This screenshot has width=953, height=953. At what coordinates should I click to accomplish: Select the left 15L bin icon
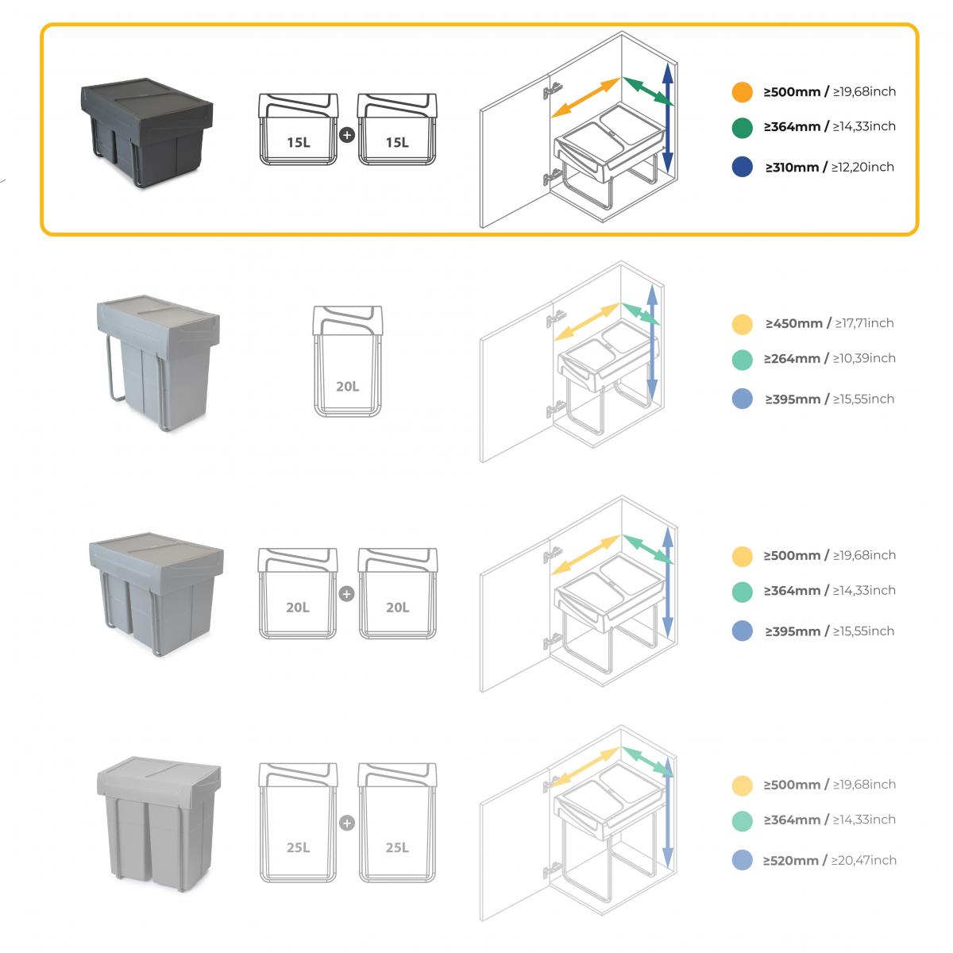[298, 129]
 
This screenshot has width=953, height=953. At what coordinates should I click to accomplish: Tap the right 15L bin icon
[397, 129]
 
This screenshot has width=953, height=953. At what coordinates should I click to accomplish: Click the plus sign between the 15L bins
[347, 135]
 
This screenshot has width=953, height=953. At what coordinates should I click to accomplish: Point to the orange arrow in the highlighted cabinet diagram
[585, 98]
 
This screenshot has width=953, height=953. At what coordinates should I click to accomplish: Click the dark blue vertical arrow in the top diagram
[668, 119]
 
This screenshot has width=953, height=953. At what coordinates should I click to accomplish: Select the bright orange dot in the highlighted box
[742, 92]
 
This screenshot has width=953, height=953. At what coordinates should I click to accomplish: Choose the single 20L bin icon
[347, 361]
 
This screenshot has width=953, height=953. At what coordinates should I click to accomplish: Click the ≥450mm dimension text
[793, 324]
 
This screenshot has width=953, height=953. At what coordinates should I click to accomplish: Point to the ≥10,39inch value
[864, 359]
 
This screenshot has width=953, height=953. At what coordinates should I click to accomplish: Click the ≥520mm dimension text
[791, 861]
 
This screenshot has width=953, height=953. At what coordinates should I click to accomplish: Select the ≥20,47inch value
[864, 861]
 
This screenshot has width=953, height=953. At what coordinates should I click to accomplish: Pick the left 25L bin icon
[298, 822]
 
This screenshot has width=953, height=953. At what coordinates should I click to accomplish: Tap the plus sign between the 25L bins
[347, 823]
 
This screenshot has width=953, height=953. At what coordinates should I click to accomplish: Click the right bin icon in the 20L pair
[397, 593]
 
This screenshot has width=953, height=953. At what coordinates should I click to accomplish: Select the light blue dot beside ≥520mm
[742, 860]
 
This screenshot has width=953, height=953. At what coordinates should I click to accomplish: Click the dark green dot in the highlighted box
[742, 128]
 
